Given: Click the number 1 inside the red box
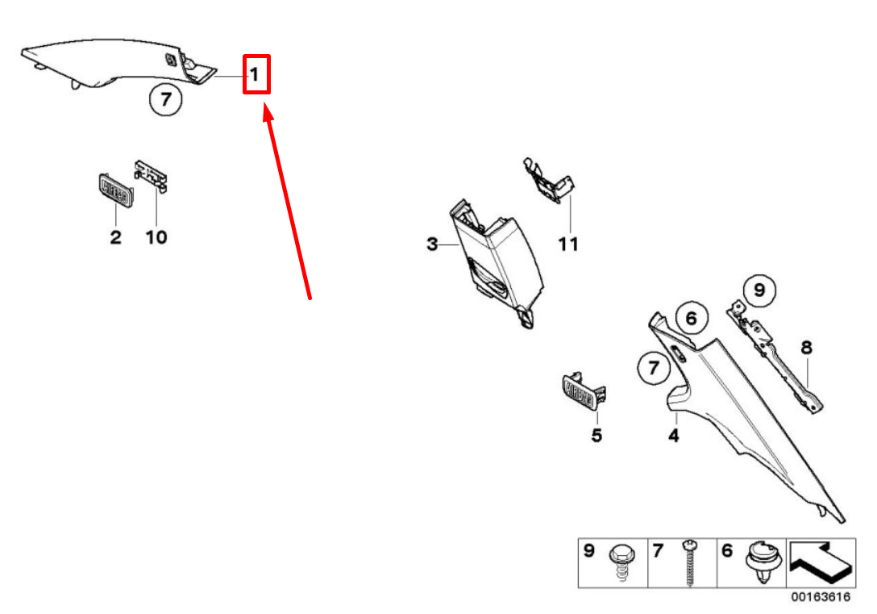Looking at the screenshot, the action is click(255, 74).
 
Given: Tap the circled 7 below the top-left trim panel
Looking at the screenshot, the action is click(165, 99).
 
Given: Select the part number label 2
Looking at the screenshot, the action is click(115, 236).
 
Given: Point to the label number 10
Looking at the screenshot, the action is click(156, 236).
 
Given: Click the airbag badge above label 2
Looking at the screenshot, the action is click(116, 190).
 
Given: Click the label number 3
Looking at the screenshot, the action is click(432, 244).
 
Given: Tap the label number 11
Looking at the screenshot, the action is click(568, 244).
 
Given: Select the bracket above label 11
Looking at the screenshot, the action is click(549, 180).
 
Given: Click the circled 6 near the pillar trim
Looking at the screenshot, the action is click(692, 318).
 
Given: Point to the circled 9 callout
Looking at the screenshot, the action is click(759, 290).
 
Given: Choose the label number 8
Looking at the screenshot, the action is click(806, 347).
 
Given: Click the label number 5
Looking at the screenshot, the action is click(596, 435).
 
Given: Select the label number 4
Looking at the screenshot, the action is click(674, 435).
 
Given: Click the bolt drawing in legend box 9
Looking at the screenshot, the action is click(622, 562).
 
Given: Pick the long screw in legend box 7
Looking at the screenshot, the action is click(692, 562).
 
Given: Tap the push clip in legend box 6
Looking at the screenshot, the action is click(763, 562).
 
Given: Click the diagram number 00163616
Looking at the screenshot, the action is click(821, 596).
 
